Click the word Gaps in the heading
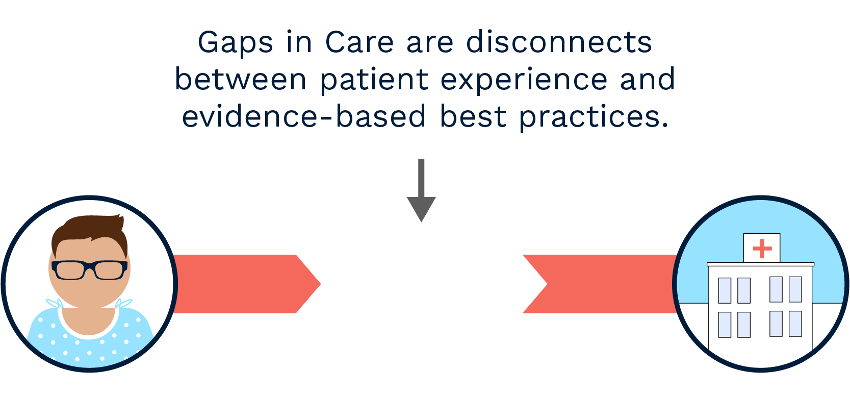coord(235,43)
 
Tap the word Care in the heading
coord(359,42)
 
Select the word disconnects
coord(559,42)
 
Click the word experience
coord(524,81)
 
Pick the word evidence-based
coord(304,117)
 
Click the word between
coord(241,80)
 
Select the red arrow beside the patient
coord(245,284)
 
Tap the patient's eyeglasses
coord(90,269)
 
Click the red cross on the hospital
coord(762,249)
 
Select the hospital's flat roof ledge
coord(760,264)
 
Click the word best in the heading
coord(473,117)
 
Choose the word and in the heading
coord(648,80)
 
